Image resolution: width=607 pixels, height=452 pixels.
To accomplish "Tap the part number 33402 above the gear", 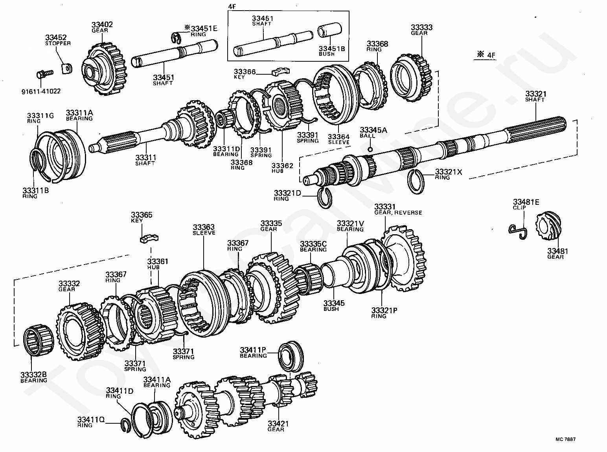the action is tap(102, 24).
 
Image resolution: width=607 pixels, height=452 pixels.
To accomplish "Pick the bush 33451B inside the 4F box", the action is tap(329, 30).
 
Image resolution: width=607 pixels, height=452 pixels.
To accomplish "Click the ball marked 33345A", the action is tap(370, 149).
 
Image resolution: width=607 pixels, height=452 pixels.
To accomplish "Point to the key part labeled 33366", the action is tap(281, 71).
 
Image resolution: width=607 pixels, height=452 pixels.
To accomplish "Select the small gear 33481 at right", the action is tap(548, 226).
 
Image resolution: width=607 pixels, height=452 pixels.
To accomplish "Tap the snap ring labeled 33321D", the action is tap(325, 198).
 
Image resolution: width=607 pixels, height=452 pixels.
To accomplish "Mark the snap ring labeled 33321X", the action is tap(416, 182).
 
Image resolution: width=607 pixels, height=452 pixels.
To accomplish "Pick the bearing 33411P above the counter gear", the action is tap(291, 356).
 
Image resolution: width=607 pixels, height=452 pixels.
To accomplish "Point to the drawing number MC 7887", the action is tap(565, 439).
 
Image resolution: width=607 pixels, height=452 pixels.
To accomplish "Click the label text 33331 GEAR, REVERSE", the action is tap(398, 209).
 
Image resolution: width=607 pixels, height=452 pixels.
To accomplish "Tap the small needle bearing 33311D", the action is tap(224, 119).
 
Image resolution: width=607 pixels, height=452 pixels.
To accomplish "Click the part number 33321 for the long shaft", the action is tap(535, 94).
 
